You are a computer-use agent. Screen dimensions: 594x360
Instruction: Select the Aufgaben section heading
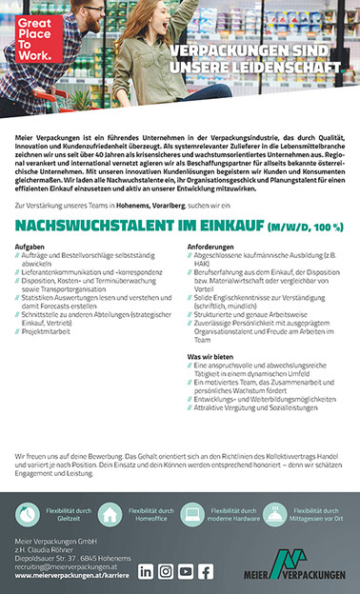point(30,247)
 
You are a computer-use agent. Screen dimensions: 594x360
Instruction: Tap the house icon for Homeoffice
point(110,514)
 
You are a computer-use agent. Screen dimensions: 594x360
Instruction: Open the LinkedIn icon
point(146,571)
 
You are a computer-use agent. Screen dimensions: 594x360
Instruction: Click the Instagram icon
point(166,571)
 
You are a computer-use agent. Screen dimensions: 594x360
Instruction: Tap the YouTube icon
point(186,571)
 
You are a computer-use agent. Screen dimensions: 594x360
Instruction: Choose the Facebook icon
point(206,571)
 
